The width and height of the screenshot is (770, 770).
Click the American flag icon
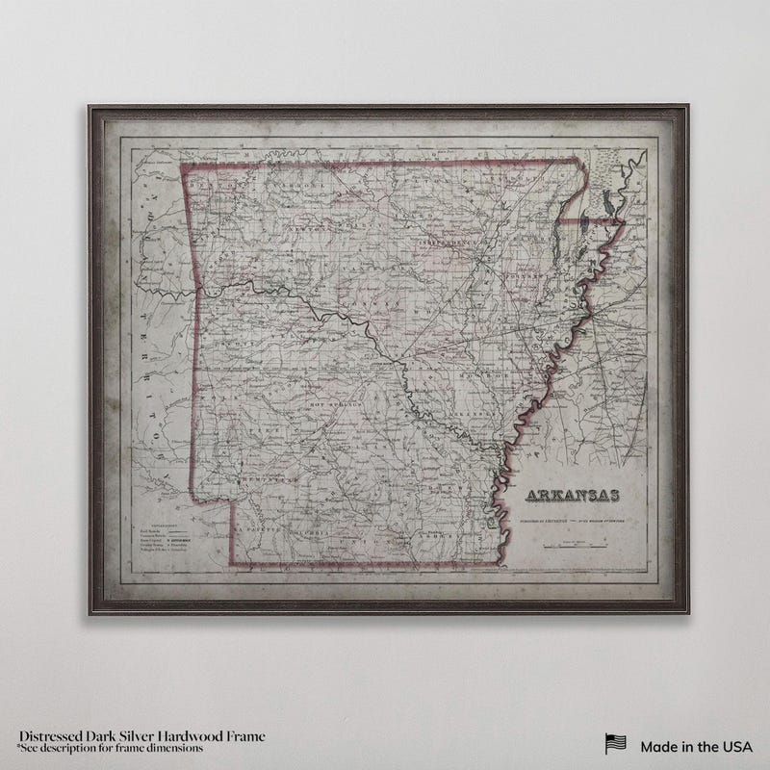click(615, 743)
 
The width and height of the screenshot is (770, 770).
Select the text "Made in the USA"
click(696, 744)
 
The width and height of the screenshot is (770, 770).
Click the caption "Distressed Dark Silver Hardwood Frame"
click(141, 736)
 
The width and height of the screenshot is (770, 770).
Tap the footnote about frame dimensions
click(110, 748)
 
